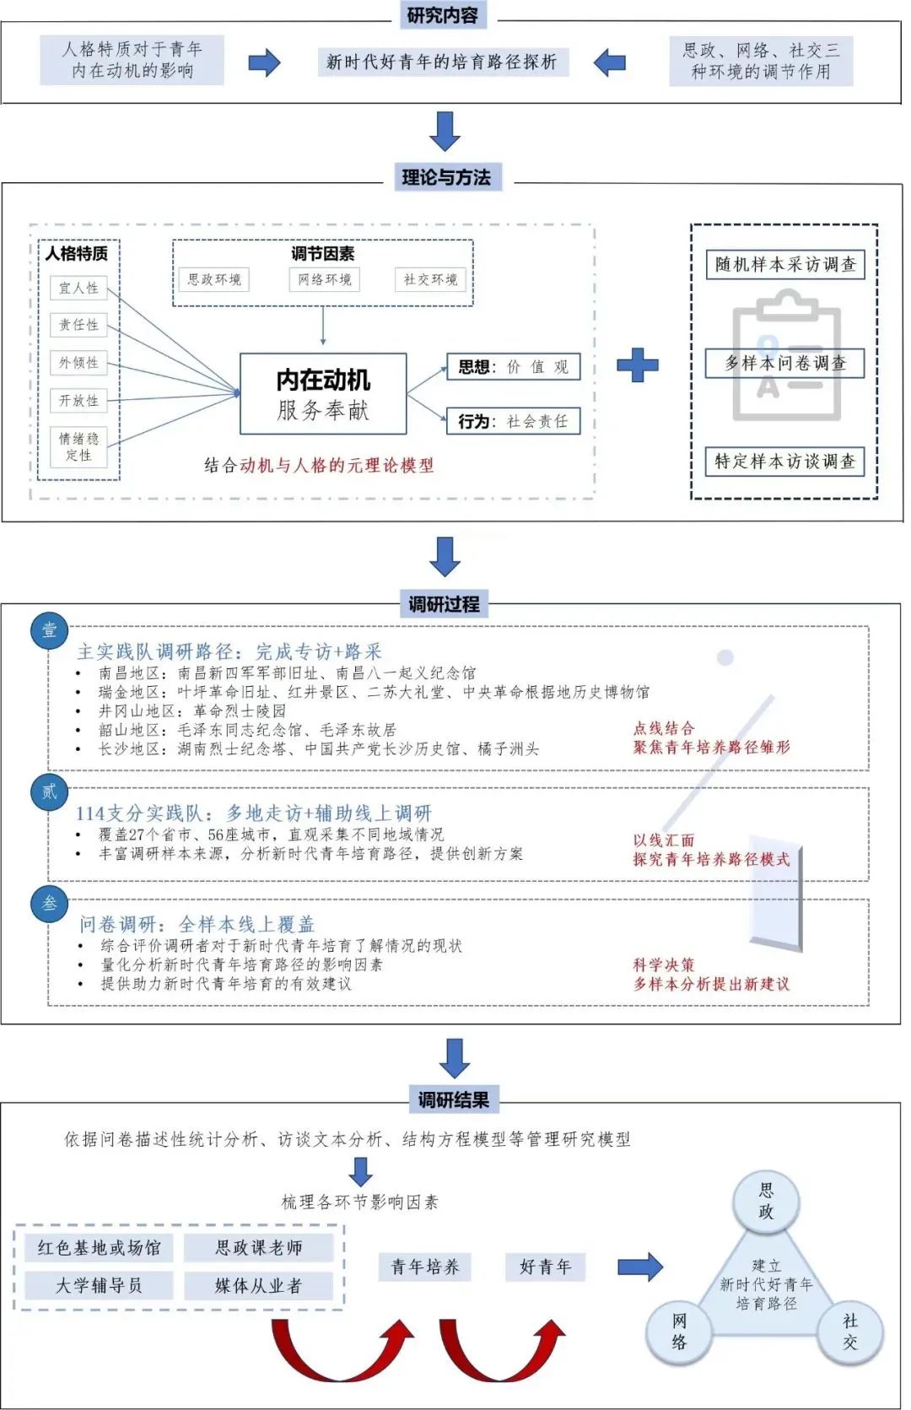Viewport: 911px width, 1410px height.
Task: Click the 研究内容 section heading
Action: pyautogui.click(x=442, y=14)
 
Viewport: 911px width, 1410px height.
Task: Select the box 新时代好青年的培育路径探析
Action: pyautogui.click(x=442, y=62)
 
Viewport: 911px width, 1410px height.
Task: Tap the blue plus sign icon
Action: pyautogui.click(x=638, y=365)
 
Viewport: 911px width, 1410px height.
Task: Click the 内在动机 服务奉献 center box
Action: pyautogui.click(x=323, y=394)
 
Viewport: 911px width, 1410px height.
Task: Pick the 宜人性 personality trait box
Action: pyautogui.click(x=79, y=288)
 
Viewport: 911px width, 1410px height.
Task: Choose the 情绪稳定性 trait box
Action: pyautogui.click(x=79, y=446)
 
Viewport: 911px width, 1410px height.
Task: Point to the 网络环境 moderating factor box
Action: pyautogui.click(x=324, y=279)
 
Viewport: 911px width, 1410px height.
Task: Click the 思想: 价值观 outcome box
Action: pyautogui.click(x=513, y=366)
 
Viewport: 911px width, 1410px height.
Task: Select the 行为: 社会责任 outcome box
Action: pyautogui.click(x=513, y=420)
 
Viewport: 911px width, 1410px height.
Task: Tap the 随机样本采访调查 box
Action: pyautogui.click(x=785, y=264)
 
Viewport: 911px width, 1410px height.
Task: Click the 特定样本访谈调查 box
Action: pyautogui.click(x=785, y=461)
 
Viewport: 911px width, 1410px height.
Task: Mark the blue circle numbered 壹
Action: pyautogui.click(x=49, y=629)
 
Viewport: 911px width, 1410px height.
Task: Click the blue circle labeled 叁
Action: pyautogui.click(x=49, y=904)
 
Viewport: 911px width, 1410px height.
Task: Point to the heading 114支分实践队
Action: pyautogui.click(x=253, y=813)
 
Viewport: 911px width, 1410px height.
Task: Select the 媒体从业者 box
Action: pyautogui.click(x=258, y=1285)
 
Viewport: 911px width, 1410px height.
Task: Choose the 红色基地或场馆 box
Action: pyautogui.click(x=99, y=1247)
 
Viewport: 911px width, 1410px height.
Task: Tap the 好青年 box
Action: pyautogui.click(x=545, y=1267)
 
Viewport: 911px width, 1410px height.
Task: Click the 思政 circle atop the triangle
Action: pyautogui.click(x=765, y=1201)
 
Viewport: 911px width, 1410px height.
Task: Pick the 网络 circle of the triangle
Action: pyautogui.click(x=679, y=1332)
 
